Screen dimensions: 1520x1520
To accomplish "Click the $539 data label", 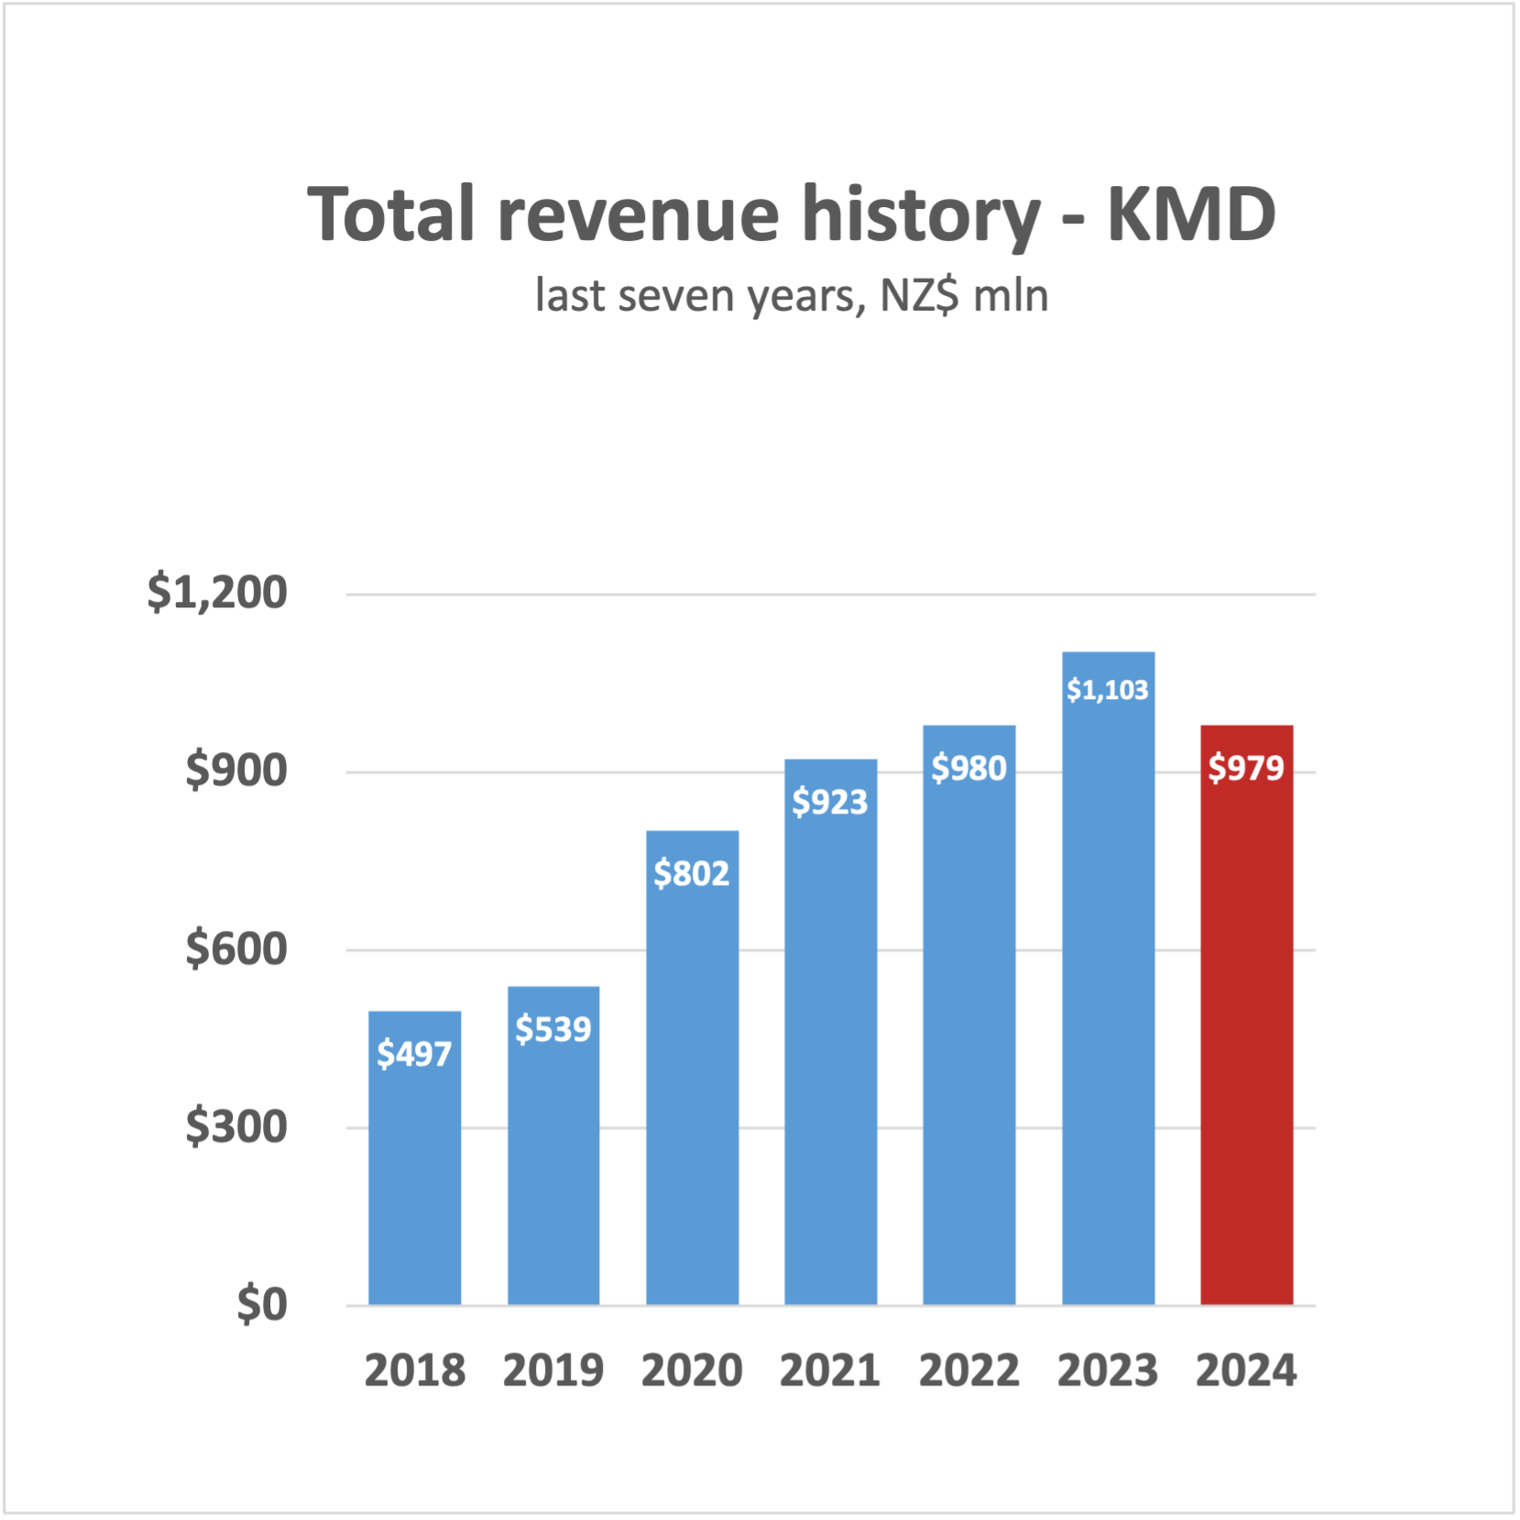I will (x=552, y=1029).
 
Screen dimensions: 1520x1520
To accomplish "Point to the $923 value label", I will (x=829, y=802).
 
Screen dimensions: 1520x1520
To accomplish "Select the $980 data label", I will (x=968, y=768).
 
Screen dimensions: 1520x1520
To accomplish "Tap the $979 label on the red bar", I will (x=1246, y=768).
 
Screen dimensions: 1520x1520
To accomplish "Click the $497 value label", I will (x=414, y=1054).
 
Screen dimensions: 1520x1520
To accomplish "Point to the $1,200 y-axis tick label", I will (x=217, y=592).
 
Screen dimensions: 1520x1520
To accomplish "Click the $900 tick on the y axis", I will (x=236, y=770).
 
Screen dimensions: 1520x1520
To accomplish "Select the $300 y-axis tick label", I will (x=236, y=1126).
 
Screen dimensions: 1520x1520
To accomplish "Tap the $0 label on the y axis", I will (x=262, y=1304).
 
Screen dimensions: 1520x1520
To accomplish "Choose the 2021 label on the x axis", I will (x=829, y=1371).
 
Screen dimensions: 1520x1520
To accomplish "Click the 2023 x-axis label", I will (x=1108, y=1371).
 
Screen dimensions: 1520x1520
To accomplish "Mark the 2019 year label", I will (x=552, y=1371).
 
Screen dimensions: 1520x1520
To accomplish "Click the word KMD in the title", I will (x=1191, y=214).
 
